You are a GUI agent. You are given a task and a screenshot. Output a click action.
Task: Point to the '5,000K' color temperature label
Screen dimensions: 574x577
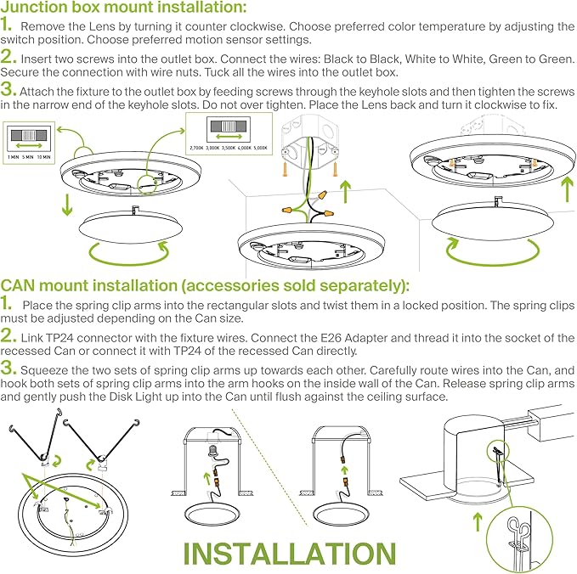266,148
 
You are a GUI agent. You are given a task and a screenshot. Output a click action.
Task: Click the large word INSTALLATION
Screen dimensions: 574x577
289,552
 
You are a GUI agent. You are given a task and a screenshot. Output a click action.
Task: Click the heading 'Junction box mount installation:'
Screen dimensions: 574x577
124,8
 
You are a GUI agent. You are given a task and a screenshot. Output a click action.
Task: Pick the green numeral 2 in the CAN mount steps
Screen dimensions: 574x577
8,335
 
